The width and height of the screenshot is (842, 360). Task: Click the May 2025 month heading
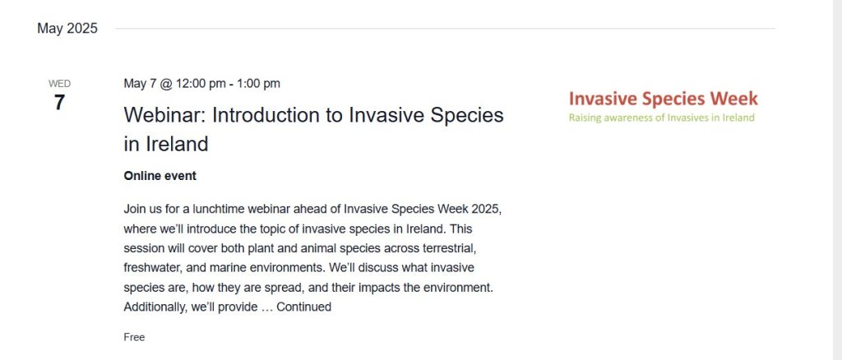click(67, 29)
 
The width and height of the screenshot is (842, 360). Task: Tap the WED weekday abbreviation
click(59, 84)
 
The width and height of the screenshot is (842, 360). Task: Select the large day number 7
click(59, 103)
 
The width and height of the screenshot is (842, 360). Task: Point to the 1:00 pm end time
click(258, 84)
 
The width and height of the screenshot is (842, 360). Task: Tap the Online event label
click(160, 176)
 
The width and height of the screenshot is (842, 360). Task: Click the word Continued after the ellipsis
click(304, 307)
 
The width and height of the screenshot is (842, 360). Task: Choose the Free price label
click(134, 338)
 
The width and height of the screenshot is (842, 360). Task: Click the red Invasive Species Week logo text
click(664, 99)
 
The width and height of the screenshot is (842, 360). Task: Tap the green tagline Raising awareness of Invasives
click(662, 118)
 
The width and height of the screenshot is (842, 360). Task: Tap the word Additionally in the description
click(155, 307)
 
